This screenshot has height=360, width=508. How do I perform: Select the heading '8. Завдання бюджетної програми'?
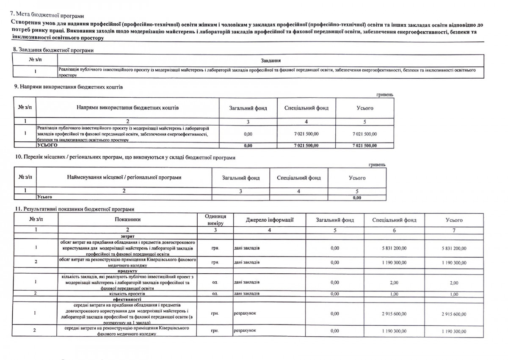pyautogui.click(x=54, y=50)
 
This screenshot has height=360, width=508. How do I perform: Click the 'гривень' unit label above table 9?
pyautogui.click(x=384, y=95)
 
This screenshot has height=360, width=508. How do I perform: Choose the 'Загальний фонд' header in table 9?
pyautogui.click(x=248, y=108)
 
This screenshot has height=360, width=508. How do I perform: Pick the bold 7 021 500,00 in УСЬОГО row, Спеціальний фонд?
pyautogui.click(x=306, y=146)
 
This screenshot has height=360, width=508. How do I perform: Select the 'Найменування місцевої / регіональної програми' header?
pyautogui.click(x=124, y=178)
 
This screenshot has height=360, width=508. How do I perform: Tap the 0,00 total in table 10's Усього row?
pyautogui.click(x=357, y=197)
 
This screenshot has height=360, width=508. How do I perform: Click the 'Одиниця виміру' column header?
pyautogui.click(x=215, y=220)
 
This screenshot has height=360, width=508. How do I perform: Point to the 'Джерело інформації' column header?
pyautogui.click(x=270, y=220)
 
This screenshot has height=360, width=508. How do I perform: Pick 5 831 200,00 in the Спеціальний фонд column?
pyautogui.click(x=394, y=248)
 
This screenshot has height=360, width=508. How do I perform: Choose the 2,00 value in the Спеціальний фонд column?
pyautogui.click(x=394, y=282)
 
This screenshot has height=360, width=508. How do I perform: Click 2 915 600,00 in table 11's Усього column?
pyautogui.click(x=454, y=314)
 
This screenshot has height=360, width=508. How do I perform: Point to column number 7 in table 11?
pyautogui.click(x=454, y=230)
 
